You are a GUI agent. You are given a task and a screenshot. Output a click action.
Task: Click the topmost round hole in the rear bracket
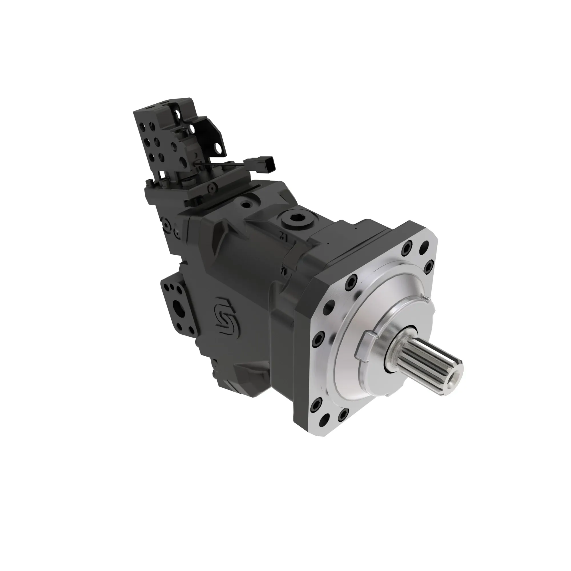pyautogui.click(x=177, y=113)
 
